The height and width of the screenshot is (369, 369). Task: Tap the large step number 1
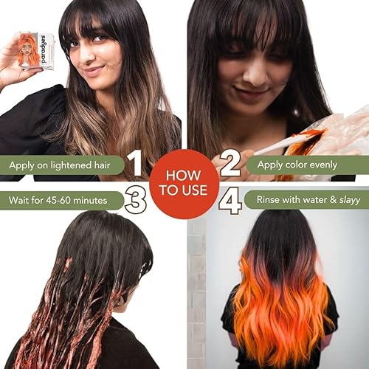pos(134,163)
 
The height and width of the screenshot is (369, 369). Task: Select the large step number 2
pos(230,163)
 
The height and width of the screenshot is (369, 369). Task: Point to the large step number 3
pos(135,200)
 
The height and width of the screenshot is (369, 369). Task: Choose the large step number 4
pos(231,200)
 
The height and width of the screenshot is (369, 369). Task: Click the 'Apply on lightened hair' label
pos(60,164)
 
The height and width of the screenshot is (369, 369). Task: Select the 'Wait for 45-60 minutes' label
pos(58,199)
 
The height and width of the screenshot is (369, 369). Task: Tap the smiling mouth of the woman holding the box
pos(92,72)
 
